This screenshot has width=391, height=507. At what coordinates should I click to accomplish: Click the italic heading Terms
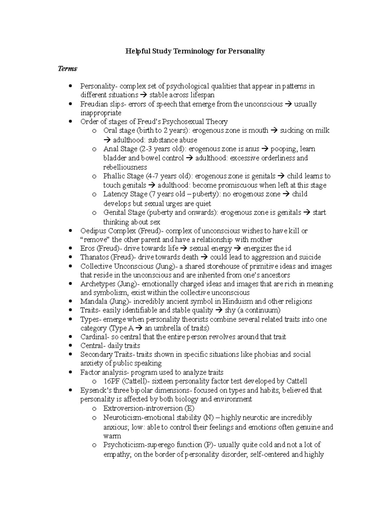point(67,69)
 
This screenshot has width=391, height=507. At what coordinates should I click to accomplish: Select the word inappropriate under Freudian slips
point(101,113)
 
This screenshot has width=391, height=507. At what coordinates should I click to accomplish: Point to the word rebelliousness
point(125,167)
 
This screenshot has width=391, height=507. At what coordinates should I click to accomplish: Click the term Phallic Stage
point(123,176)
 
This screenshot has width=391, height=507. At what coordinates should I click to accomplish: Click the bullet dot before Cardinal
point(71,337)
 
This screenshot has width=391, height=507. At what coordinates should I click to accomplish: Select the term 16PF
point(111,381)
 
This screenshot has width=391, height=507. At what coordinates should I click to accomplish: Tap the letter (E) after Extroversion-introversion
point(189,408)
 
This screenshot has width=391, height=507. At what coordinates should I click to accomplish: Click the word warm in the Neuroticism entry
point(112,436)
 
